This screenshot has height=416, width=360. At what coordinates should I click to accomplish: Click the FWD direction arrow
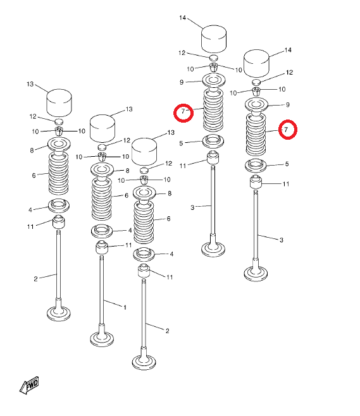point(29,385)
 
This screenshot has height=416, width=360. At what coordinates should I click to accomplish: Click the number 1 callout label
point(125,307)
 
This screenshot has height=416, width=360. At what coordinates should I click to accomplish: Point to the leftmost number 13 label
point(30,84)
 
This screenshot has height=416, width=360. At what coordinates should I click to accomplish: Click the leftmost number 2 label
point(36,279)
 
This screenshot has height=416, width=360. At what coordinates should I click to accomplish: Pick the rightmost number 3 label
point(282,240)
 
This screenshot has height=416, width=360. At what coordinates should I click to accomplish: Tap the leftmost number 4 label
point(30,210)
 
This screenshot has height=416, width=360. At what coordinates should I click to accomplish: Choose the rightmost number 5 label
point(287,164)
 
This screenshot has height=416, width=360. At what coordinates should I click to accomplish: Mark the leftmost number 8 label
point(32,150)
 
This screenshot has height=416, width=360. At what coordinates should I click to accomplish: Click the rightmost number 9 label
point(287,105)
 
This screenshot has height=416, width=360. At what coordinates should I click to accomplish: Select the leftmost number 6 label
point(34,175)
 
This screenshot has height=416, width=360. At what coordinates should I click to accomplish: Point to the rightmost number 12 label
point(289,73)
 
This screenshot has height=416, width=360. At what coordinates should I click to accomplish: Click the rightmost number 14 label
point(288,50)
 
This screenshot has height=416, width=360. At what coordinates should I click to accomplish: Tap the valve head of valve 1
point(102,339)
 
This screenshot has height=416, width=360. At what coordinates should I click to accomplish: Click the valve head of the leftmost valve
point(59,314)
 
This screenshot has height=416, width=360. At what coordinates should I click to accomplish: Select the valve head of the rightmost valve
point(256,274)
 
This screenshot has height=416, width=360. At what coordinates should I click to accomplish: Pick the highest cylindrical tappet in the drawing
point(214,39)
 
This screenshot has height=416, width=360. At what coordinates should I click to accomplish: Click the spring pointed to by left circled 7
point(213,111)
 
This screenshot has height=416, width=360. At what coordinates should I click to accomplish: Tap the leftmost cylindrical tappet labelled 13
point(59,103)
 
